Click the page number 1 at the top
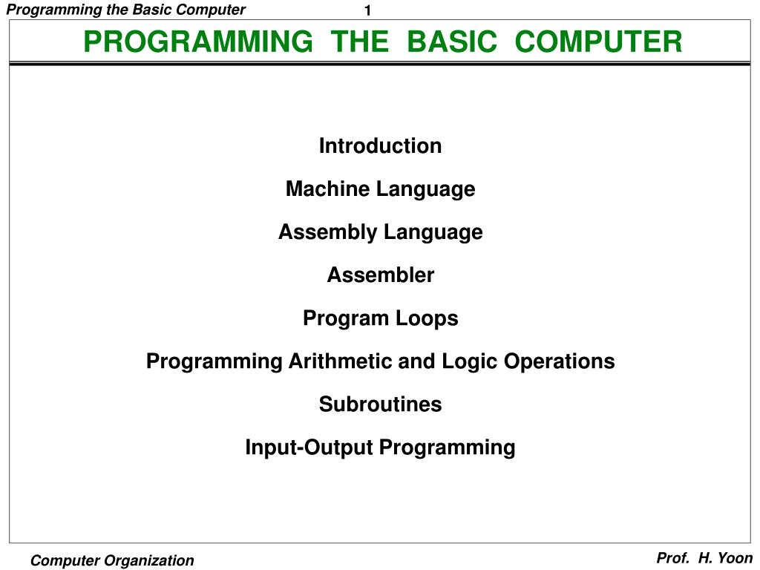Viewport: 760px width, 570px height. coord(367,10)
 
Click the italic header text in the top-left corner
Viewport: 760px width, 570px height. coord(125,10)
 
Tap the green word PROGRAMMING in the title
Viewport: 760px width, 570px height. coord(197,42)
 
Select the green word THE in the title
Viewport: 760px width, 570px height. coord(360,42)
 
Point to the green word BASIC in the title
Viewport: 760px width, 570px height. coord(452,42)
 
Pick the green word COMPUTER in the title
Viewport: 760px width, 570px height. coord(598,42)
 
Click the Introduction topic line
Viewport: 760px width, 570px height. coord(380,146)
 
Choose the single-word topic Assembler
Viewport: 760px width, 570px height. coord(380,275)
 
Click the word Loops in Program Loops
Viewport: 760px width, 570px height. coord(431,319)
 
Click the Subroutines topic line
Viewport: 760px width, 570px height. coord(380,404)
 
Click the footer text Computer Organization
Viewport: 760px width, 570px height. coord(112,561)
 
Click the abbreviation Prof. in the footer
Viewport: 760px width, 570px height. coord(672,558)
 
